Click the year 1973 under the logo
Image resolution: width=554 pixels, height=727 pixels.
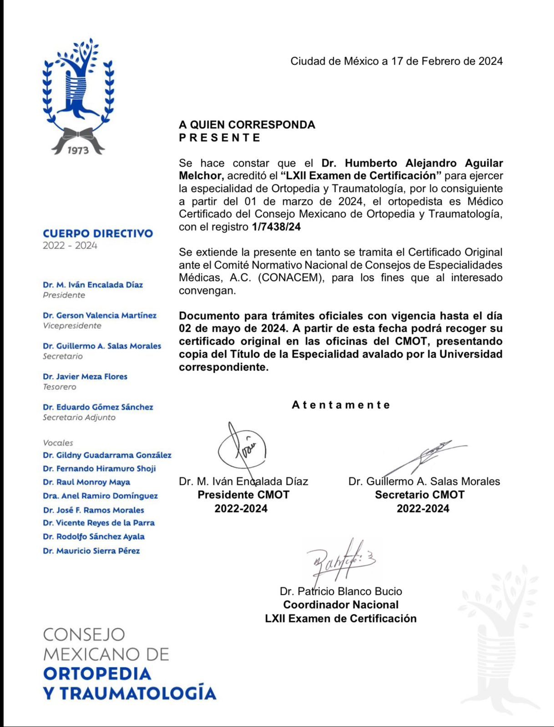78,150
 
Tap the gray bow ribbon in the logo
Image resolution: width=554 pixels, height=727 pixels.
78,135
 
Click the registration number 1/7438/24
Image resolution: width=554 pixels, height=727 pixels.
276,227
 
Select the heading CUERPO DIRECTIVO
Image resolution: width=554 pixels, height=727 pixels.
98,234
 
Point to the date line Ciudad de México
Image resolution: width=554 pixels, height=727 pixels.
396,61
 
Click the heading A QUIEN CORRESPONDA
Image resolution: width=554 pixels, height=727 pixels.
247,124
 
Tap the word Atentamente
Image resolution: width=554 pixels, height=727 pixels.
341,405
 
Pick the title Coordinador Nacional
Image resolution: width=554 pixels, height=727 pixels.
341,605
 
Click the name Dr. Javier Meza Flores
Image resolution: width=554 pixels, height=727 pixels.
85,376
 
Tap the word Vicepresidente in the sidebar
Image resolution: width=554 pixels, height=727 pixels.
72,326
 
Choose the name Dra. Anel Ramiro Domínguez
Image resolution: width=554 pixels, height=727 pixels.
100,496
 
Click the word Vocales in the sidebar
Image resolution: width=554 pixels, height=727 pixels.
58,443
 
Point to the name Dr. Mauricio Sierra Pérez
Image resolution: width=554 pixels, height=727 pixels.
91,551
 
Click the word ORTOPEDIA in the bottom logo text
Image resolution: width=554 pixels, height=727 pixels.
97,673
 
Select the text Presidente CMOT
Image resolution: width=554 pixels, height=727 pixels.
243,495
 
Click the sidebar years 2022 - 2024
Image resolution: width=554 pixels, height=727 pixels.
70,246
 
